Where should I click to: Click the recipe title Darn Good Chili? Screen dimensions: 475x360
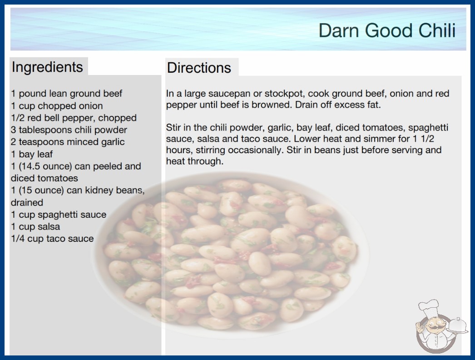(x=387, y=30)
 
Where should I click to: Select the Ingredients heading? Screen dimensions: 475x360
(x=47, y=67)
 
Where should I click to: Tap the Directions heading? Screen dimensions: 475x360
(x=199, y=68)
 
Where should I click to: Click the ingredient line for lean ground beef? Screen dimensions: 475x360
(x=66, y=94)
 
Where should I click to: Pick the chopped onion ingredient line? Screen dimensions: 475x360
(x=57, y=106)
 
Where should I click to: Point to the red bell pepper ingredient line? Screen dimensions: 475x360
(x=74, y=118)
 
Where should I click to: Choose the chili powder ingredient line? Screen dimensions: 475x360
(x=69, y=130)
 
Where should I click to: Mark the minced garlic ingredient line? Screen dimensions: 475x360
(x=68, y=142)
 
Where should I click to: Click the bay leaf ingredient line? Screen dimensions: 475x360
(x=32, y=154)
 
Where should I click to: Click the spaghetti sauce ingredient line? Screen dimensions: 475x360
(x=59, y=215)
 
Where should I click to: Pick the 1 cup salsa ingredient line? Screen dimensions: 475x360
(x=35, y=226)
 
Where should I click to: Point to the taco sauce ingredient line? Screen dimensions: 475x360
(x=52, y=239)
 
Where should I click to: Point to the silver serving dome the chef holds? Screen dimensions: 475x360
(x=458, y=325)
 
